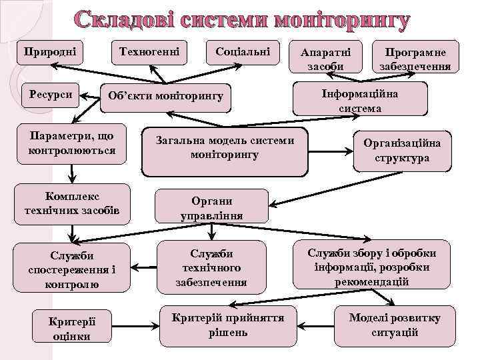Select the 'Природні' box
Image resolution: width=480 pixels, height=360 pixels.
click(50, 52)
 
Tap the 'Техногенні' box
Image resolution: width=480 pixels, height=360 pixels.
click(149, 52)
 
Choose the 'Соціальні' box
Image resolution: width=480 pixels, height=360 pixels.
click(243, 52)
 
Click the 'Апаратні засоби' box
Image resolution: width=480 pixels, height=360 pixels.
click(326, 59)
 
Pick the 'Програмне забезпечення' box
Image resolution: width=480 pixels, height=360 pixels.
click(415, 59)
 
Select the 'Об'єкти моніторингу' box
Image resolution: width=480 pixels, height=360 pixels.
click(166, 96)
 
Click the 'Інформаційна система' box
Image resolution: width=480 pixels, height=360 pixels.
click(360, 100)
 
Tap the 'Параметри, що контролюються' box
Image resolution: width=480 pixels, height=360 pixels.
click(72, 143)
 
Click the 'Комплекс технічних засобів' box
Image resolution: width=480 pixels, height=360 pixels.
click(72, 203)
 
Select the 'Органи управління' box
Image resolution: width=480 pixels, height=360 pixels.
click(211, 208)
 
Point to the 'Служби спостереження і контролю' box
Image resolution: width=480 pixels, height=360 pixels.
click(72, 269)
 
